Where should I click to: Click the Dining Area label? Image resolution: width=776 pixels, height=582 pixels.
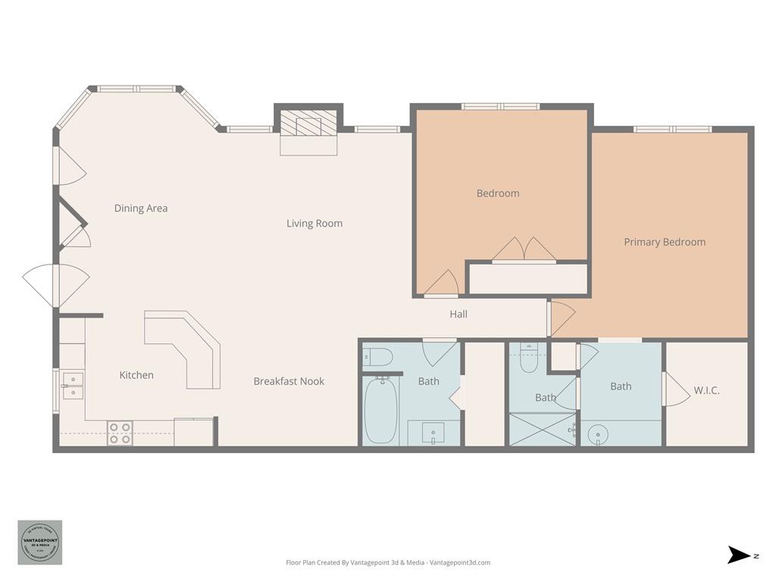[x=141, y=208]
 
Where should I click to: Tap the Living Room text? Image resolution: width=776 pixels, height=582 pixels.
[x=314, y=224]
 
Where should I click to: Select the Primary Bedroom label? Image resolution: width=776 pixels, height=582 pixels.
[x=665, y=242]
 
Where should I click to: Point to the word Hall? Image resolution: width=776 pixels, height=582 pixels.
[x=458, y=314]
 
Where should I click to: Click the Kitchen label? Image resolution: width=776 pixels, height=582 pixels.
[x=136, y=375]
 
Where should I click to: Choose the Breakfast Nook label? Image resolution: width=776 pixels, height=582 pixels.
[x=289, y=381]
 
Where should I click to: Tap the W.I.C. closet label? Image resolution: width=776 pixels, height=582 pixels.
[x=706, y=391]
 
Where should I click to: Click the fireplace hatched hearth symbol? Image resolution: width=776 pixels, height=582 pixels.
[x=308, y=123]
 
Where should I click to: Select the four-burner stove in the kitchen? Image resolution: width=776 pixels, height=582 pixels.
[x=120, y=433]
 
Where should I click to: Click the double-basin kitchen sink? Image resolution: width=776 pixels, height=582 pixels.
[x=73, y=385]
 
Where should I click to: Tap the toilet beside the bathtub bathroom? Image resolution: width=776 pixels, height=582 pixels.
[x=377, y=356]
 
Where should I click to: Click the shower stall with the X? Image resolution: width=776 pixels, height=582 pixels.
[x=543, y=429]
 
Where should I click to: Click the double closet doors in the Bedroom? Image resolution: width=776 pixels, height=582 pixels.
[x=524, y=250]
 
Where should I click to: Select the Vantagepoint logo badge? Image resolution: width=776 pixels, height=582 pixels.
[x=40, y=542]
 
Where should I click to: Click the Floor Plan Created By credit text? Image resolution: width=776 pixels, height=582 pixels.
[x=388, y=562]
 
